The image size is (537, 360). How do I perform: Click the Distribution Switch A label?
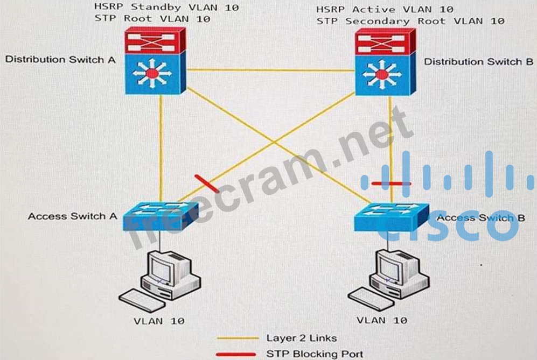point(60,59)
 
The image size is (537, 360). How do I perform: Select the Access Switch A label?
point(72,216)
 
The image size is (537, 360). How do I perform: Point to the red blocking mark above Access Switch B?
point(391,183)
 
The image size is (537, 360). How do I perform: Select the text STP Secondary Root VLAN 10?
point(410,22)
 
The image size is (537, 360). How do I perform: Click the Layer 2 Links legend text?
point(301,338)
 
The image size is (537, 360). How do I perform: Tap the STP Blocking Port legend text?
point(315,354)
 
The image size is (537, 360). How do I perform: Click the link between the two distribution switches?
point(270,70)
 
